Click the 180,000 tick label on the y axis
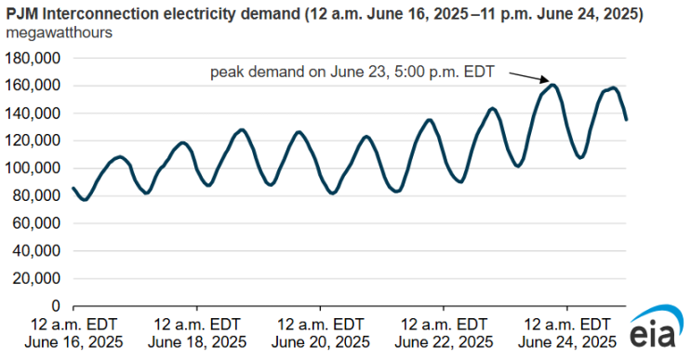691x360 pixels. point(33,59)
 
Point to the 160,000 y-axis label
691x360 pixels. point(33,86)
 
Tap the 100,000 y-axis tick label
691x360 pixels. point(33,168)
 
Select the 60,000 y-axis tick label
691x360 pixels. point(36,223)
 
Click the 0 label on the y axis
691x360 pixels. point(56,306)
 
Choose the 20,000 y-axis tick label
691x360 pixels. point(36,278)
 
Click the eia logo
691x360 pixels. point(656,327)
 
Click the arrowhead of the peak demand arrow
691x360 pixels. point(547,81)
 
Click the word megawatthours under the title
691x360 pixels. point(59,33)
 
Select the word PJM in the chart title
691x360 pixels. point(22,14)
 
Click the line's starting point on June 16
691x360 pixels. point(73,188)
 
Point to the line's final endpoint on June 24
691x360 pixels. point(626,119)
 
